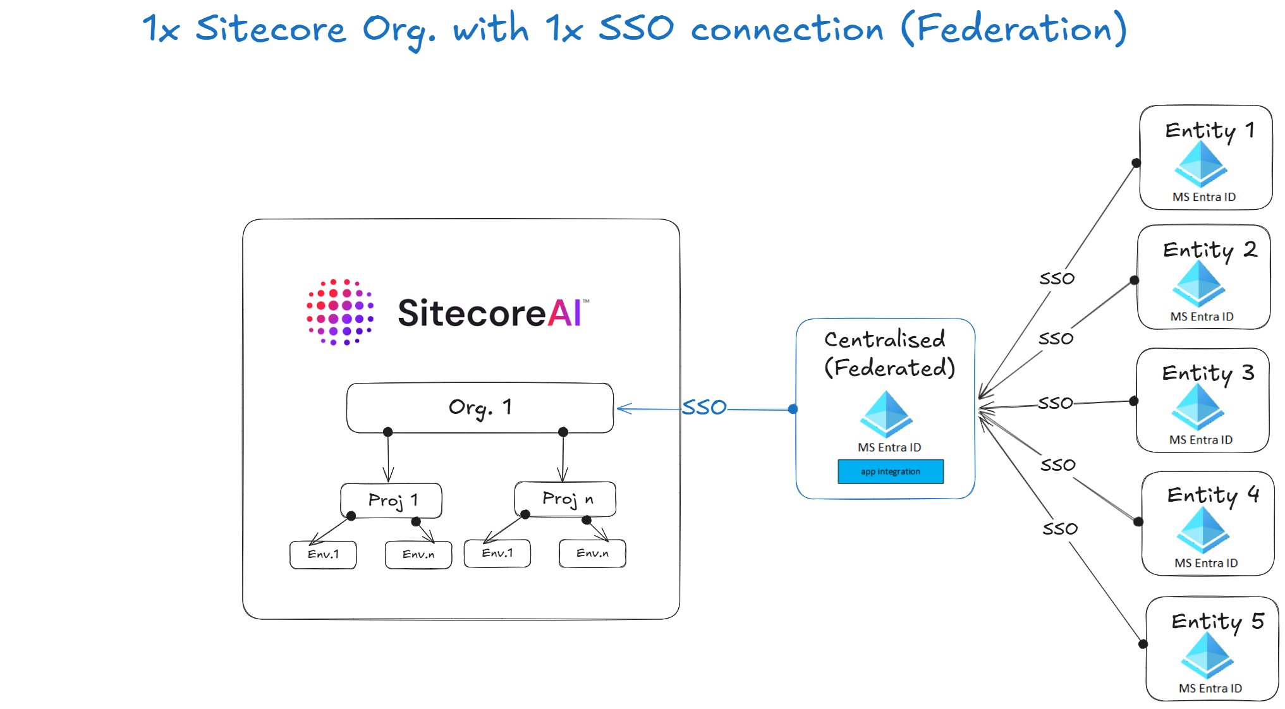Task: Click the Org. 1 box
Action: (x=480, y=408)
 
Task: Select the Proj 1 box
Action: (x=391, y=500)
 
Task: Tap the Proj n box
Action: (x=565, y=499)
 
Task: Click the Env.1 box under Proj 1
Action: (x=323, y=554)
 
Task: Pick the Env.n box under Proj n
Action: (x=592, y=553)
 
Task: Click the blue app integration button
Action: (x=891, y=471)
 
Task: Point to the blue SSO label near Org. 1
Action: (x=704, y=407)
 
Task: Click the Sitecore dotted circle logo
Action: (x=340, y=312)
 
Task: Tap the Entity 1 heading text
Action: (x=1210, y=131)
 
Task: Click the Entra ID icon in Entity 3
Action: (x=1198, y=407)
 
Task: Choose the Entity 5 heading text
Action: (x=1217, y=622)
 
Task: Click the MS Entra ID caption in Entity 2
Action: (x=1202, y=317)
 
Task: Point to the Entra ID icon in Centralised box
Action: (x=886, y=414)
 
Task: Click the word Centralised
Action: (x=885, y=339)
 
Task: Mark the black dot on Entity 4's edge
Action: (x=1138, y=521)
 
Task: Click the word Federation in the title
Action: (x=1014, y=29)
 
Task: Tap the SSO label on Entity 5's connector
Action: (x=1060, y=528)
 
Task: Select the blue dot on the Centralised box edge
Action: (x=793, y=409)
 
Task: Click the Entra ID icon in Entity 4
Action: (x=1203, y=530)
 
